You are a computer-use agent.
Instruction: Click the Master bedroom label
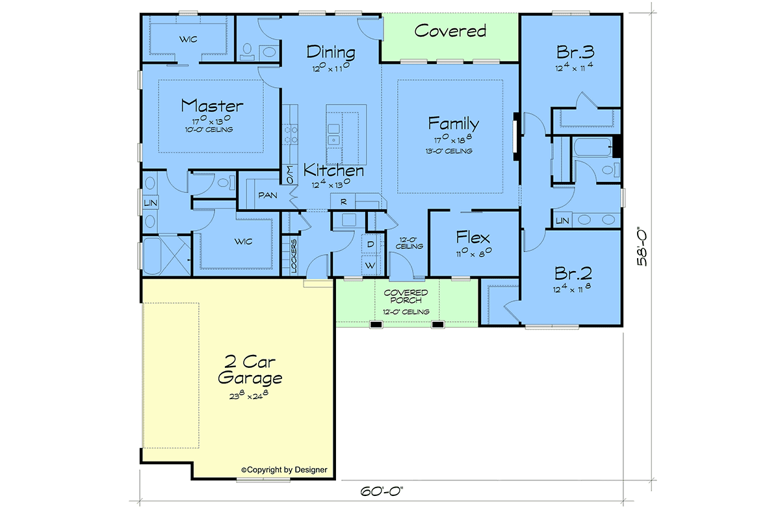[212, 106]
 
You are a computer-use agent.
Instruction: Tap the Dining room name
[331, 52]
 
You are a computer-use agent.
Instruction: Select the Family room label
[454, 123]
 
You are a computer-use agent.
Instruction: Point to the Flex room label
[473, 237]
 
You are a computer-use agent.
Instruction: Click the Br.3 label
[575, 52]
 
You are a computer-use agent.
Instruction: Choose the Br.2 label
[573, 274]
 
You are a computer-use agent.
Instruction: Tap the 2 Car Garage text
[250, 370]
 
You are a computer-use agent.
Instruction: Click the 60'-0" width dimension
[382, 491]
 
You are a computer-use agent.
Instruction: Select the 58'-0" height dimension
[642, 248]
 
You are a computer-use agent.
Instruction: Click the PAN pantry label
[268, 196]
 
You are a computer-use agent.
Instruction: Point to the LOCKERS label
[294, 256]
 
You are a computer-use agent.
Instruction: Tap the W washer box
[370, 265]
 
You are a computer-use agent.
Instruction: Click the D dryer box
[370, 244]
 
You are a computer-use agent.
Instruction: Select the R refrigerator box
[343, 201]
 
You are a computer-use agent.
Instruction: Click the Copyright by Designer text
[284, 470]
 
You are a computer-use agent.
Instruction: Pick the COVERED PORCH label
[406, 296]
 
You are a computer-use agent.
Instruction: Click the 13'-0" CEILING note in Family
[449, 151]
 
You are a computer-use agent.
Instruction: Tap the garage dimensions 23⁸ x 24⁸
[248, 395]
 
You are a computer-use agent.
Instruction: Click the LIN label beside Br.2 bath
[562, 221]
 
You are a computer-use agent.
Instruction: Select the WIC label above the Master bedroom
[188, 40]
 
